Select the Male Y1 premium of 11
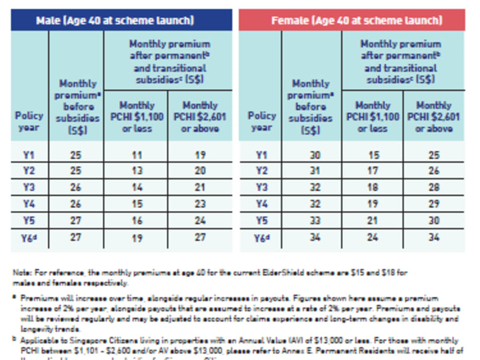click(136, 155)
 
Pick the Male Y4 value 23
click(201, 204)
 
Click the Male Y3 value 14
click(136, 188)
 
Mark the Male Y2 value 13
click(136, 171)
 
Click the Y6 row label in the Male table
click(29, 236)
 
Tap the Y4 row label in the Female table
click(261, 204)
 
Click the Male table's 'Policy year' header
click(29, 121)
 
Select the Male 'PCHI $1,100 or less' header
click(136, 116)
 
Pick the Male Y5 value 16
click(136, 220)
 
